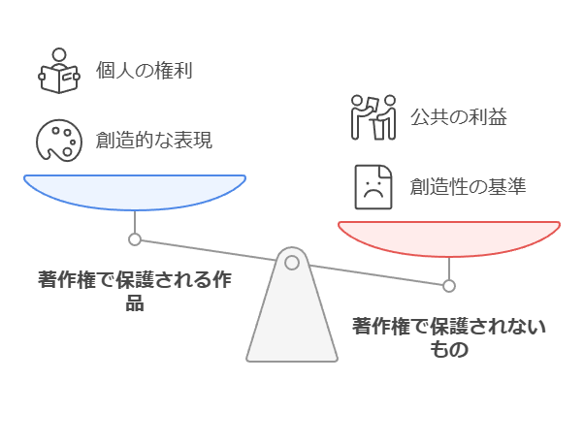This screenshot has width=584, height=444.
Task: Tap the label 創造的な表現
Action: tap(154, 140)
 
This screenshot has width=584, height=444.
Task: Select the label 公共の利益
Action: tap(459, 117)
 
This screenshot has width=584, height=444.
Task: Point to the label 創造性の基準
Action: tap(468, 185)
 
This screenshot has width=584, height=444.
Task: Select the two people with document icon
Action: tap(373, 117)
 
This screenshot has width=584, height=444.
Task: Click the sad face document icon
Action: tap(373, 185)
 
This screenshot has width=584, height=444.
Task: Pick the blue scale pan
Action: tap(135, 192)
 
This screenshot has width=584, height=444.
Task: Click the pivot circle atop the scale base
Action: tap(292, 261)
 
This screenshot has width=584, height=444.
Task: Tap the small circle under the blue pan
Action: tap(135, 238)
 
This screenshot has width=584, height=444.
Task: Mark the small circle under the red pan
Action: tap(448, 285)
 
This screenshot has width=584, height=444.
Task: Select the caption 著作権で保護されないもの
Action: tap(448, 336)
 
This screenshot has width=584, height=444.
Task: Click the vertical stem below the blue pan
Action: tap(135, 222)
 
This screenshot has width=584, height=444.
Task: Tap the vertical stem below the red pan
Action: tap(448, 269)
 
